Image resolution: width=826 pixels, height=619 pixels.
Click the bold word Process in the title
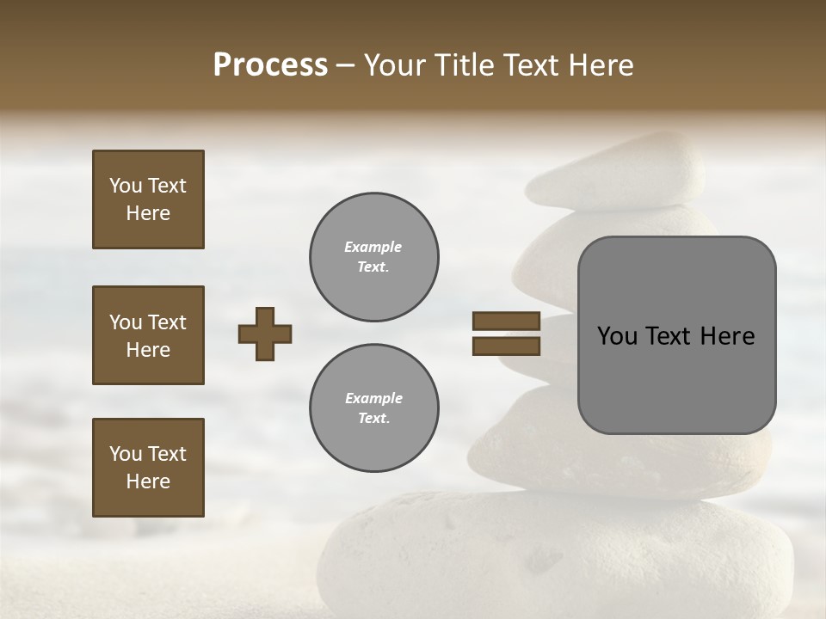(270, 65)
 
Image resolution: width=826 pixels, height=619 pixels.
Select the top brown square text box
(148, 199)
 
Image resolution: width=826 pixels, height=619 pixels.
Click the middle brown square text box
(148, 335)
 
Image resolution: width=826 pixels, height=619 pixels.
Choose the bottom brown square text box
(148, 468)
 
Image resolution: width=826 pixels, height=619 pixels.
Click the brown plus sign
(265, 334)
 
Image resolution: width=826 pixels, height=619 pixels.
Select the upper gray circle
(374, 257)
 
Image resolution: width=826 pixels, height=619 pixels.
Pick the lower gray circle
(374, 408)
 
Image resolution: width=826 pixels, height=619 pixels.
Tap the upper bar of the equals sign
(506, 322)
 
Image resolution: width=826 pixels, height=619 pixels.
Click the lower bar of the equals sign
(506, 346)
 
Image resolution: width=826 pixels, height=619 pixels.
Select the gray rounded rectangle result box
(676, 335)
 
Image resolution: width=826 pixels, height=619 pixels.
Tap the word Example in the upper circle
(373, 247)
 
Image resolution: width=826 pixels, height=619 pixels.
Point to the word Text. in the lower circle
(373, 419)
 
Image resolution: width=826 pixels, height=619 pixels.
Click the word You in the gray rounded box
(617, 336)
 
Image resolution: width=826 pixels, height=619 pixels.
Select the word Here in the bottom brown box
(148, 481)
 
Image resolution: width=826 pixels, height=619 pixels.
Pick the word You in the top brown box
(126, 186)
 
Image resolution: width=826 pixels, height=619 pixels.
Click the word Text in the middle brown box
(167, 322)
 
